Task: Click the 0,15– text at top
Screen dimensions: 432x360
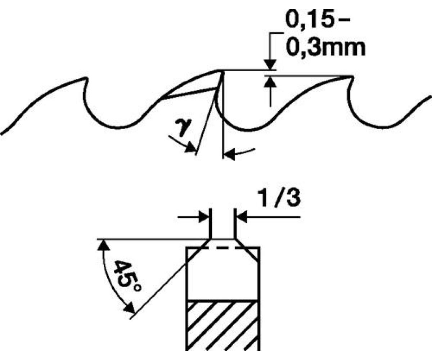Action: pyautogui.click(x=318, y=20)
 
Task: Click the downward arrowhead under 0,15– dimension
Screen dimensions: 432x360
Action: pyautogui.click(x=270, y=64)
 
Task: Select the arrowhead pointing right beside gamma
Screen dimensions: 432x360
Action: pyautogui.click(x=190, y=148)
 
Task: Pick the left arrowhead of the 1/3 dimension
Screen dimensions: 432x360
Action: pyautogui.click(x=204, y=217)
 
